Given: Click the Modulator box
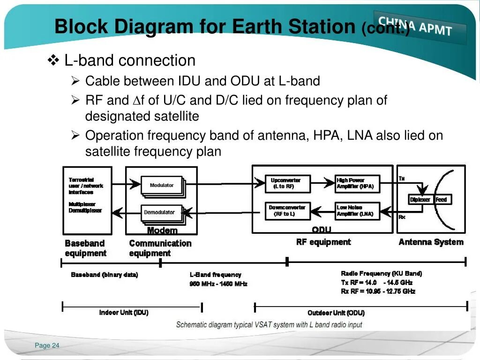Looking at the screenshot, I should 161,185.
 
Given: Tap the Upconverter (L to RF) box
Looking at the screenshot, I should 283,183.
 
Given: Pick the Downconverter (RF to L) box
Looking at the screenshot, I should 287,211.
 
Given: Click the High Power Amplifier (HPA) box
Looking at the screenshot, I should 356,183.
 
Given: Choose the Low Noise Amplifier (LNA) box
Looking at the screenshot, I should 356,211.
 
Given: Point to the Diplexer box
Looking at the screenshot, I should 420,200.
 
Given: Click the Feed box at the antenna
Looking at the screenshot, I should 442,200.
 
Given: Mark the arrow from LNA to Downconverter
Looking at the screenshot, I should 322,210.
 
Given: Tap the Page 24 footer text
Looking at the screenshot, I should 47,345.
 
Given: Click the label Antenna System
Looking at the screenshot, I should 431,242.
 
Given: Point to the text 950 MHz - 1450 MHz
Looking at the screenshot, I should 218,284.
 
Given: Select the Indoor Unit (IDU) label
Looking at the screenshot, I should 124,313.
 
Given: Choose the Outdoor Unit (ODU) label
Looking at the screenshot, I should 336,313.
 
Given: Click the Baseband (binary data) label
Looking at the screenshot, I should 105,275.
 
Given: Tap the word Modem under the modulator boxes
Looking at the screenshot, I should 162,230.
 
